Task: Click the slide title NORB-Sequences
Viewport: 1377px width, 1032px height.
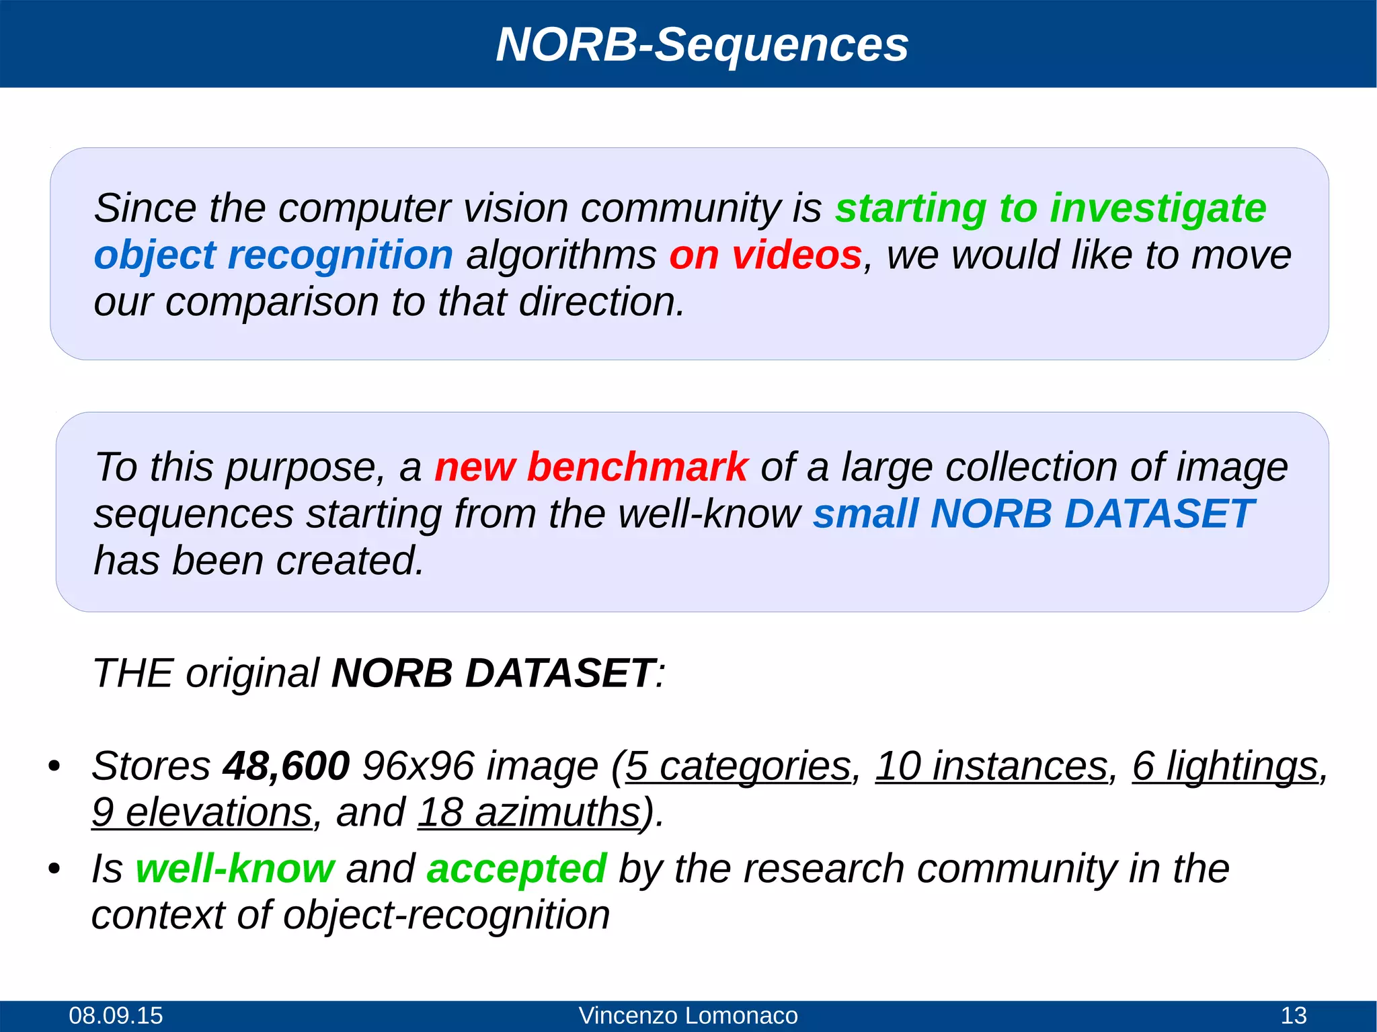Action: tap(702, 44)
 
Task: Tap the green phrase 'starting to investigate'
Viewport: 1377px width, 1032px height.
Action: tap(1050, 208)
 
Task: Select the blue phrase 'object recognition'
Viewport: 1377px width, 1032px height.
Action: tap(273, 255)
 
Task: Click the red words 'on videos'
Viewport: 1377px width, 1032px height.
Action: tap(765, 255)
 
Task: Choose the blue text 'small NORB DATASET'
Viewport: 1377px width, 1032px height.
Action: tap(1033, 514)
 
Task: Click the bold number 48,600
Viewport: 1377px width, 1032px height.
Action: tap(286, 766)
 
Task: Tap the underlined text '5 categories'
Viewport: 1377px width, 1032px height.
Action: tap(738, 766)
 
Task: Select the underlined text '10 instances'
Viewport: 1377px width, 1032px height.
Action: tap(991, 766)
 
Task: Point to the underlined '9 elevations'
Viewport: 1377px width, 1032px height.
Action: tap(202, 812)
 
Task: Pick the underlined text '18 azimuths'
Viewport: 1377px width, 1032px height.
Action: tap(528, 812)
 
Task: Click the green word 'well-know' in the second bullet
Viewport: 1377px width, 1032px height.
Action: tap(235, 868)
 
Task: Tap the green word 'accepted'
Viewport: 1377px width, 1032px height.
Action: tap(516, 868)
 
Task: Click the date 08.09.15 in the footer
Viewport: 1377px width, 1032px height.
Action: tap(116, 1015)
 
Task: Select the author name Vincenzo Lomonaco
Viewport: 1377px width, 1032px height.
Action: tap(688, 1015)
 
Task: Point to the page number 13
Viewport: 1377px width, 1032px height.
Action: tap(1293, 1015)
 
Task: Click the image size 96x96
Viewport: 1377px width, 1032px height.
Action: tap(418, 766)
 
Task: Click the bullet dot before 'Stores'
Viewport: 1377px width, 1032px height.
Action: tap(54, 766)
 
